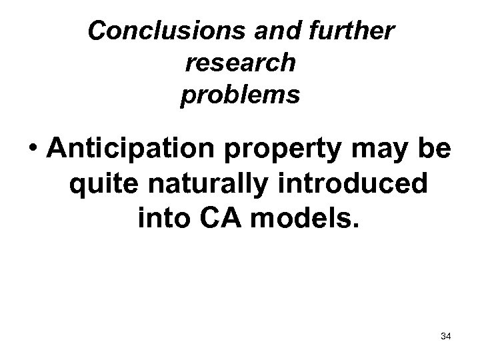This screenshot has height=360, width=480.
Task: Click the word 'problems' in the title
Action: (239, 95)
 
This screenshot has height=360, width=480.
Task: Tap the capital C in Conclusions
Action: (98, 31)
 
